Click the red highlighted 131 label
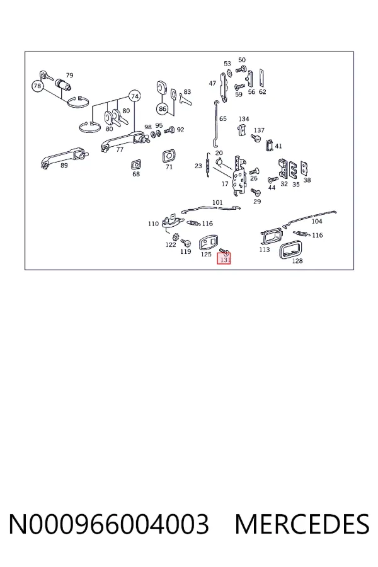(224, 258)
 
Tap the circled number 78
(38, 86)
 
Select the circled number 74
(135, 96)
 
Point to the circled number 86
(163, 108)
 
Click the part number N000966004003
(108, 524)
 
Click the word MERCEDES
(302, 524)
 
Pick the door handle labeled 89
(64, 157)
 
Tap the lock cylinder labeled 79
(63, 86)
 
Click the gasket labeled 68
(136, 165)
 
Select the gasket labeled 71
(169, 156)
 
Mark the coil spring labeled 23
(208, 165)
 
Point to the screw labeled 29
(256, 192)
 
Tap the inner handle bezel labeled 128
(290, 250)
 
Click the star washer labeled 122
(176, 238)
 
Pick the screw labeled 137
(256, 137)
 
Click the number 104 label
(317, 221)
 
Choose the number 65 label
(223, 118)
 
